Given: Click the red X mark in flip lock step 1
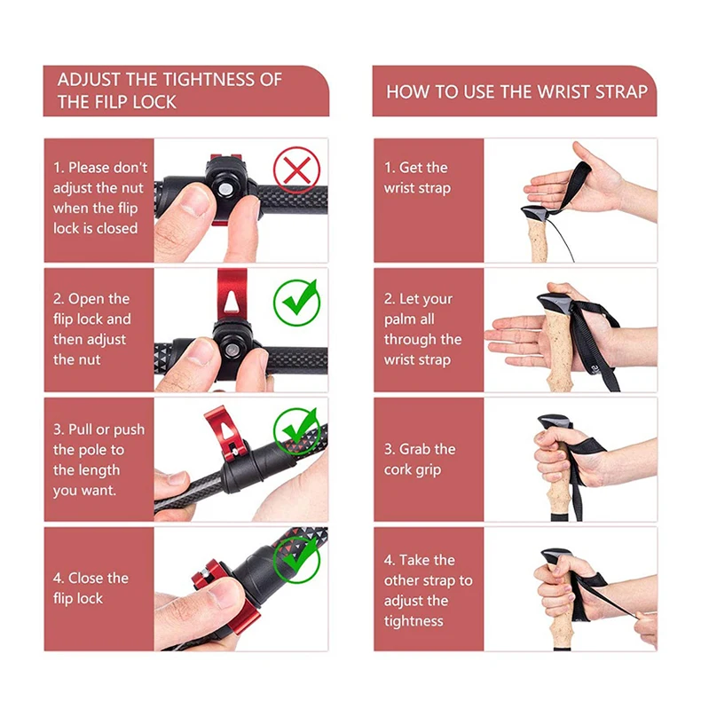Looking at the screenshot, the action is pyautogui.click(x=296, y=170).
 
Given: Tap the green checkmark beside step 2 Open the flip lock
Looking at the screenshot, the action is pyautogui.click(x=297, y=303).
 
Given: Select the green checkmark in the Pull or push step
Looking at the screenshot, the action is pyautogui.click(x=296, y=430).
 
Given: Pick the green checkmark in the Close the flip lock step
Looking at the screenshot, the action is pyautogui.click(x=296, y=559).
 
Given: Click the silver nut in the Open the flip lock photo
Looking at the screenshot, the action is pyautogui.click(x=232, y=350).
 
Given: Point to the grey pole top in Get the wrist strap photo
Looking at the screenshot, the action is pyautogui.click(x=536, y=213).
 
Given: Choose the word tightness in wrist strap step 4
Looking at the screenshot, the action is pyautogui.click(x=414, y=621).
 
